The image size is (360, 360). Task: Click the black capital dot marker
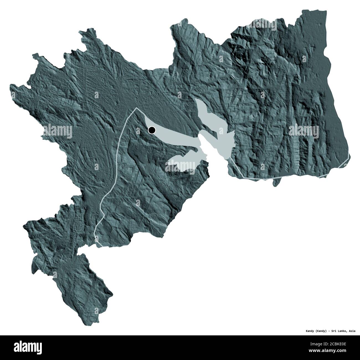(151, 130)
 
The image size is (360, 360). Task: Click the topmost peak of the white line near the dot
(136, 108)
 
